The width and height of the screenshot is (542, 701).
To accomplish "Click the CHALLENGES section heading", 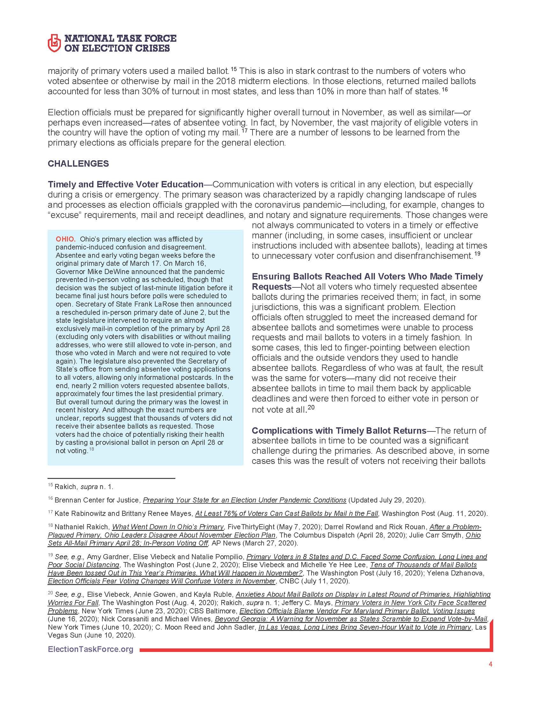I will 78,164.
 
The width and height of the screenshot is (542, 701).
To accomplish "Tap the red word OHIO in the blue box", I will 65,239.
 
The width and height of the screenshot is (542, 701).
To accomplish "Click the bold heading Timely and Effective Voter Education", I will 126,184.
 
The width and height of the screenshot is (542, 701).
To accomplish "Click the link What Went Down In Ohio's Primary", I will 168,527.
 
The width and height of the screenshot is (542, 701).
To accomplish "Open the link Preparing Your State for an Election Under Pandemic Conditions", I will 244,500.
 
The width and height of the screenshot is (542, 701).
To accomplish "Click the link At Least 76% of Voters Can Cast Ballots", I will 286,514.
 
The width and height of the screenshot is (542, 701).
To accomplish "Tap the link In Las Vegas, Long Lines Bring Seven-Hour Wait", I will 365,627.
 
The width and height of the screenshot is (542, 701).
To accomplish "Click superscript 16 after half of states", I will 444,90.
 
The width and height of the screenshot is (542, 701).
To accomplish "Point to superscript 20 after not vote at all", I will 311,408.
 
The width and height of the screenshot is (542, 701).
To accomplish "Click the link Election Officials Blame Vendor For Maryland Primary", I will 357,611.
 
